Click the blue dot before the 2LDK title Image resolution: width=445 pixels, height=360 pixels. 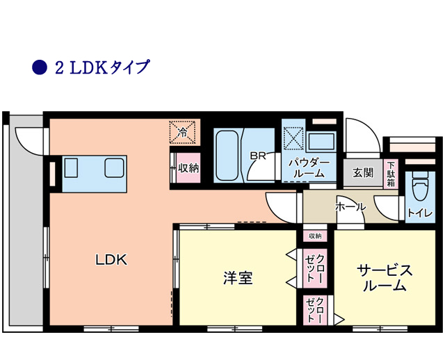coord(39,67)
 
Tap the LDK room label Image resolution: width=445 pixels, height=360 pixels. coord(111,259)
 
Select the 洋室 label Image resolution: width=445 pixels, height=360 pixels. coord(238,277)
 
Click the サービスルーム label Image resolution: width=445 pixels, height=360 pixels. coord(385,278)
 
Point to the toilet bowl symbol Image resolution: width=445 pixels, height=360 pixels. coord(420,186)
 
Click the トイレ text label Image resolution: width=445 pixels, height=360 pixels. coord(420,213)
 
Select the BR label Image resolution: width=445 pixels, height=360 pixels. coord(258,155)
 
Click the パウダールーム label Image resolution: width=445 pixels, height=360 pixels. coord(309,168)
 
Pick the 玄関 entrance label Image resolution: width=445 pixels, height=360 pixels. coord(363,172)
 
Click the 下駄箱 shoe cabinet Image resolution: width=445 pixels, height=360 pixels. coord(391,174)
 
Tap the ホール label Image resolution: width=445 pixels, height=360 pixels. coord(350,207)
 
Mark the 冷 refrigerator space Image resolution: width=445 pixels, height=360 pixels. coord(183,132)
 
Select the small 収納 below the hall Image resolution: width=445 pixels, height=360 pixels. coord(315,236)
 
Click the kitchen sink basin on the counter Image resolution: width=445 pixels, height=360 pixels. coord(114,168)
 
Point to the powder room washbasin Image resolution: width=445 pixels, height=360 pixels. coord(321,141)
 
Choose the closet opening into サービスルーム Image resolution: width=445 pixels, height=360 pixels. coord(315,310)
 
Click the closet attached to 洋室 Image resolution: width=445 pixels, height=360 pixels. coord(315,268)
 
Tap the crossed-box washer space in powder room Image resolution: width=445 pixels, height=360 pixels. coord(293,138)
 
